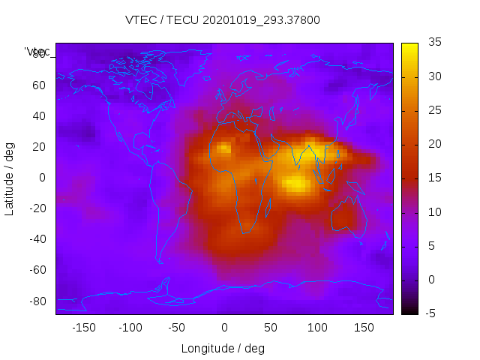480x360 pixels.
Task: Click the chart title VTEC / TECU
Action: (223, 20)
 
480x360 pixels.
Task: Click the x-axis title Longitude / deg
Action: (223, 349)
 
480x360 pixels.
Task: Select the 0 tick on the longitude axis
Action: (223, 327)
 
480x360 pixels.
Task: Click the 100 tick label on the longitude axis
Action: (316, 327)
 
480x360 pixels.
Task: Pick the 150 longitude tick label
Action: (363, 327)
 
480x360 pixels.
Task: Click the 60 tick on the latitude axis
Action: (39, 85)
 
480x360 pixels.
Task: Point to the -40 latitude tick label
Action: (37, 239)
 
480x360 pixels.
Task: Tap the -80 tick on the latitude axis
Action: (37, 301)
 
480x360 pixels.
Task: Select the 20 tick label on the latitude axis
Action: (39, 147)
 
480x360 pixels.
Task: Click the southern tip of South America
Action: (160, 261)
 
